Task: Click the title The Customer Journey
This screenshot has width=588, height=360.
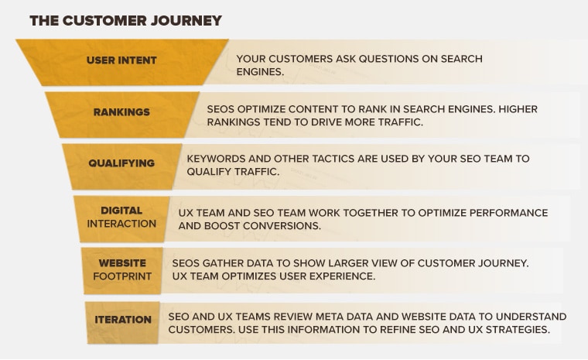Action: [x=125, y=21]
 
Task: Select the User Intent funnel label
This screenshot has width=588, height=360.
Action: [x=121, y=60]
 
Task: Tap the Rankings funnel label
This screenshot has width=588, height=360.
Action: [x=121, y=111]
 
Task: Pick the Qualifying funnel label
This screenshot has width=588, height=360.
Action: [x=121, y=163]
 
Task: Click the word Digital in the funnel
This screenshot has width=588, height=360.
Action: [x=121, y=211]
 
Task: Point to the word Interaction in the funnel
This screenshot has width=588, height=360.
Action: [x=121, y=224]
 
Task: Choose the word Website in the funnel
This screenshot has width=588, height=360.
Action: [x=122, y=263]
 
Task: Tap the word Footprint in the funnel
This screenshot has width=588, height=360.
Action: [x=122, y=276]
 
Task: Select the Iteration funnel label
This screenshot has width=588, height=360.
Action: [x=123, y=320]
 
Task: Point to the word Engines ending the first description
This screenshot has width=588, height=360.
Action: [x=259, y=72]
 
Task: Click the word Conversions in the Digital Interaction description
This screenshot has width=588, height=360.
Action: [x=285, y=226]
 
